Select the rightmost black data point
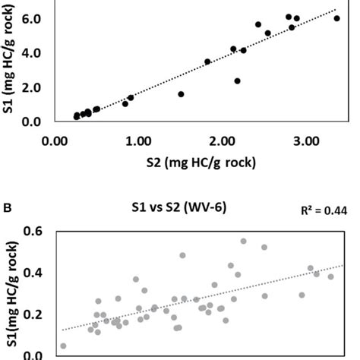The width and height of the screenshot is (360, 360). click(x=336, y=18)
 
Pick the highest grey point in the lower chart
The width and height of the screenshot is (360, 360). click(x=243, y=241)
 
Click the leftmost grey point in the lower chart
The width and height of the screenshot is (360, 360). click(x=63, y=346)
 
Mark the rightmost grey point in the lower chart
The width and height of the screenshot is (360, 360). click(x=330, y=276)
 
